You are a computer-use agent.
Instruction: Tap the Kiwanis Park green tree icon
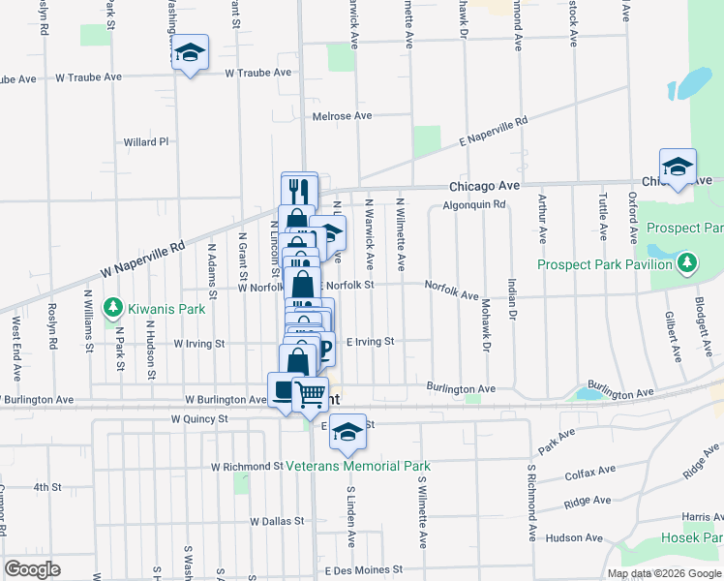(x=113, y=309)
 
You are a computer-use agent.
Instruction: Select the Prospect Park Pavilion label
(x=605, y=264)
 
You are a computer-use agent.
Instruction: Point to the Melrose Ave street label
(x=343, y=116)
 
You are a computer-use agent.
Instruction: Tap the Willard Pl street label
(x=146, y=142)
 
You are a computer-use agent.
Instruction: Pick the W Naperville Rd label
(x=144, y=260)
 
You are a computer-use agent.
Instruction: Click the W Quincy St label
(x=198, y=419)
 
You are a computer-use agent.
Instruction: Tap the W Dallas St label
(x=277, y=521)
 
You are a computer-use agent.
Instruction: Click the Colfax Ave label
(x=590, y=472)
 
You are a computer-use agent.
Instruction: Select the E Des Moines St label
(x=363, y=570)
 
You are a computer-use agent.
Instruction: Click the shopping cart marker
(x=310, y=392)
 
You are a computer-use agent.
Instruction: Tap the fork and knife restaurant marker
(x=300, y=189)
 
